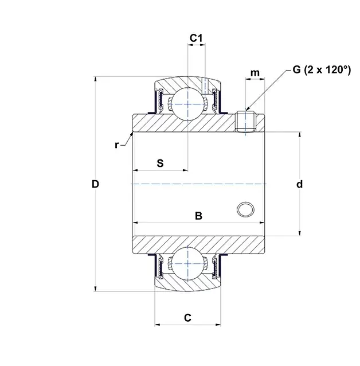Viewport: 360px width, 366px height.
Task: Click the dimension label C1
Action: tap(196, 38)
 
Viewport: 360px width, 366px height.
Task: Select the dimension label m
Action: tap(255, 72)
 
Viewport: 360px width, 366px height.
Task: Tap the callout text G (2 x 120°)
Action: tap(321, 70)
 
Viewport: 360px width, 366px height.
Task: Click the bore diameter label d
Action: tap(299, 184)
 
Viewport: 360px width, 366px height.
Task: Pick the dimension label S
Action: tap(161, 163)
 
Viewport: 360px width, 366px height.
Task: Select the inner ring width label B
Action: tap(198, 216)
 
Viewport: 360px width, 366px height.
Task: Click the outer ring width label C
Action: tap(187, 317)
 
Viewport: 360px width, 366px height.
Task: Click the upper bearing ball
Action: tap(188, 103)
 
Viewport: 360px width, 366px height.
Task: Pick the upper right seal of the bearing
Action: tap(216, 102)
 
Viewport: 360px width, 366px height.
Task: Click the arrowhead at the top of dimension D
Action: tap(95, 79)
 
